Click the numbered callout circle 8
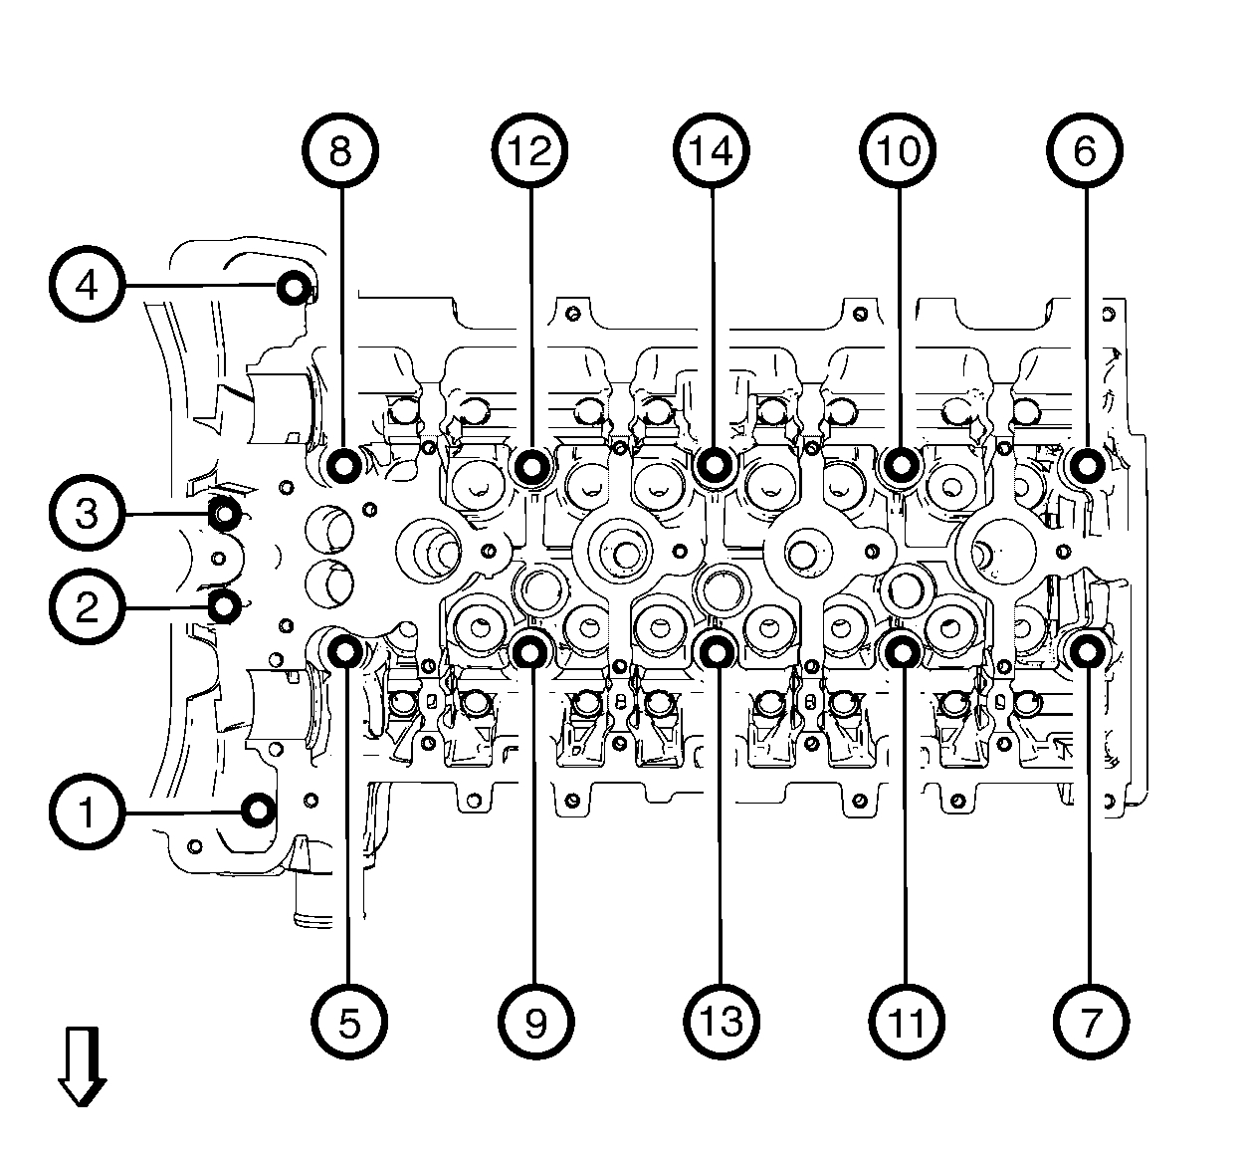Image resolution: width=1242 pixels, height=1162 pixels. coord(339,151)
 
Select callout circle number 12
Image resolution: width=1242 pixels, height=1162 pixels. coord(529,151)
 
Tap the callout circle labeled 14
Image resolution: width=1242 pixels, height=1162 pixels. coord(714,151)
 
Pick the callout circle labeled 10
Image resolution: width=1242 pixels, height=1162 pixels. coord(899,151)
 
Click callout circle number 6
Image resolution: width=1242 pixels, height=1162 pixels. coord(1084,151)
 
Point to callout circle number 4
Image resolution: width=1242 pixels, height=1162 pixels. coord(88,286)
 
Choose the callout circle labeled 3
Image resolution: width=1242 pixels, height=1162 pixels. coord(88,515)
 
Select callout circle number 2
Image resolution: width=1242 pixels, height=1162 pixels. coord(88,606)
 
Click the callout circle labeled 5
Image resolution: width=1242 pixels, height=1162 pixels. coord(348,1021)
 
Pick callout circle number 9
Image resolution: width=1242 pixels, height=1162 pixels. coord(535,1021)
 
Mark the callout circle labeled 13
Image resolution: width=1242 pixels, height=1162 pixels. coord(722,1021)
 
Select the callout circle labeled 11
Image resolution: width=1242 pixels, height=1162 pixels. coord(907,1021)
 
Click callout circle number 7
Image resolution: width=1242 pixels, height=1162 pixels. coord(1091,1021)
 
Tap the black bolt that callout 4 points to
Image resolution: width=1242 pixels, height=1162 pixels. coord(293,288)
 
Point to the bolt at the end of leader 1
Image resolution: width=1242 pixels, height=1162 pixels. coord(260,811)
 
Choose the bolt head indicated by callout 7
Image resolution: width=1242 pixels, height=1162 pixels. coord(1086,651)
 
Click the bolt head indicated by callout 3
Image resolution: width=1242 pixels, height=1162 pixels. coord(226,515)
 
